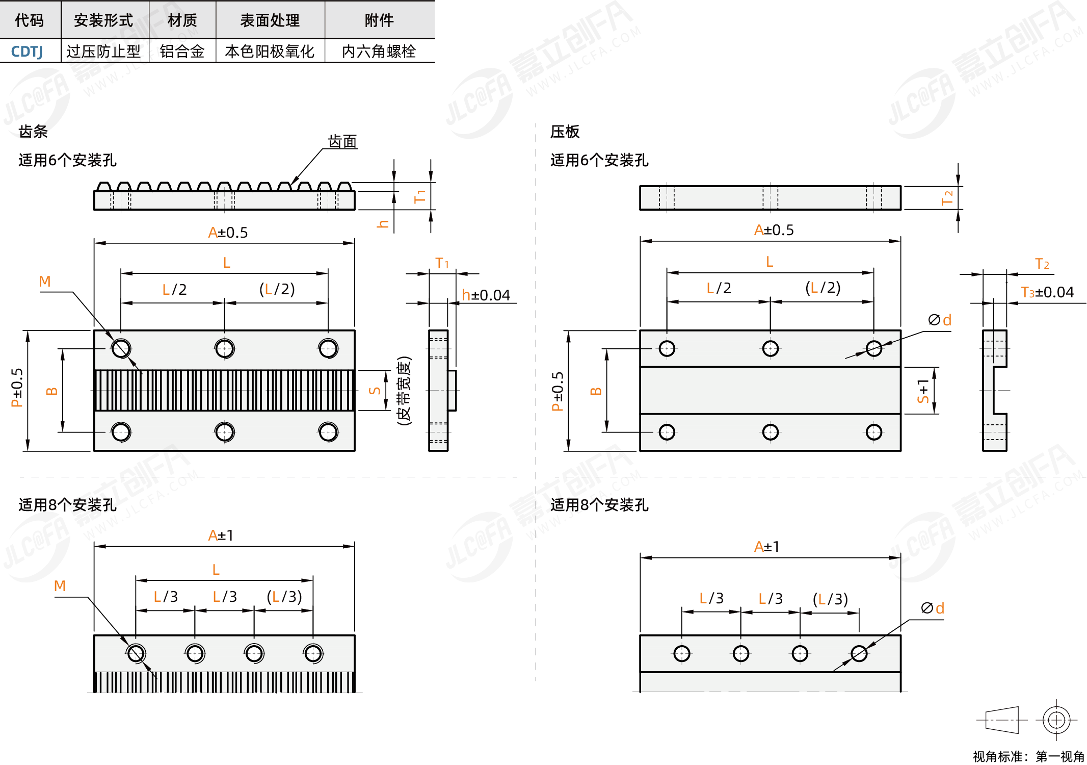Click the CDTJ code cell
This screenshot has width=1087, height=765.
(x=27, y=52)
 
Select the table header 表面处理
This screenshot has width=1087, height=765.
(x=270, y=20)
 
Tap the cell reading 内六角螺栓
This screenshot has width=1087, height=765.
(x=379, y=52)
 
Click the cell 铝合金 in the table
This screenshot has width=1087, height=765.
(x=182, y=52)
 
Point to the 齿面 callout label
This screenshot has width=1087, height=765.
(x=342, y=141)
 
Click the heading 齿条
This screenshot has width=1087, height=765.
(x=33, y=132)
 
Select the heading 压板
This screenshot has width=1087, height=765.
(x=565, y=132)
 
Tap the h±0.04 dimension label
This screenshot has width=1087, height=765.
(x=486, y=295)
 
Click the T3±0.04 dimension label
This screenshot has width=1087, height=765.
(x=1047, y=292)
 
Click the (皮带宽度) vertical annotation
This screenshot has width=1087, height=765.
(x=404, y=391)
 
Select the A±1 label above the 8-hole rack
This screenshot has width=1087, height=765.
(x=221, y=535)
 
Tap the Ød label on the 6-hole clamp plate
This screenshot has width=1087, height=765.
(x=940, y=320)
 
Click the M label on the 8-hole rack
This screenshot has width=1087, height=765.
(x=60, y=586)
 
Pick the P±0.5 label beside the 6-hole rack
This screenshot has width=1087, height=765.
(x=17, y=388)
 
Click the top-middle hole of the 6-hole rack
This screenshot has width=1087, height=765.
(x=224, y=349)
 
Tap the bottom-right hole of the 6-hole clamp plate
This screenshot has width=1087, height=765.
(x=873, y=432)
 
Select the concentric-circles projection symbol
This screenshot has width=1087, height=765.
(x=1056, y=720)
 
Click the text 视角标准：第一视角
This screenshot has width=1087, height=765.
(x=1028, y=756)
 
